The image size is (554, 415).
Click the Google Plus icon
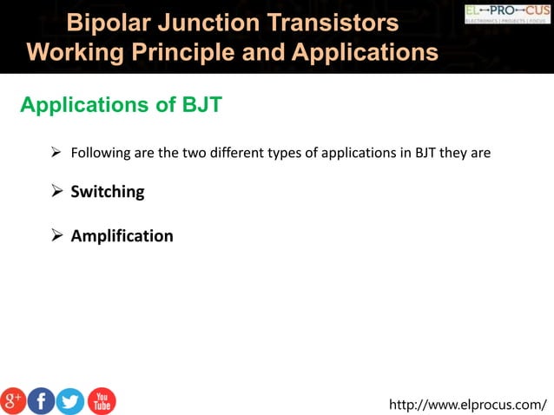[x=14, y=400]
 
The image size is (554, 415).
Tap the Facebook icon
[x=42, y=400]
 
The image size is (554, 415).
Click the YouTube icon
[x=102, y=400]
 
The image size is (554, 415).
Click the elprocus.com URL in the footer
[x=468, y=404]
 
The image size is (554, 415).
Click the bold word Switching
[x=107, y=192]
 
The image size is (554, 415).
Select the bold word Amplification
[x=122, y=236]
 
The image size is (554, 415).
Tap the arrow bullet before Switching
[x=56, y=192]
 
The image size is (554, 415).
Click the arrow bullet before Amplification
[x=56, y=236]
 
